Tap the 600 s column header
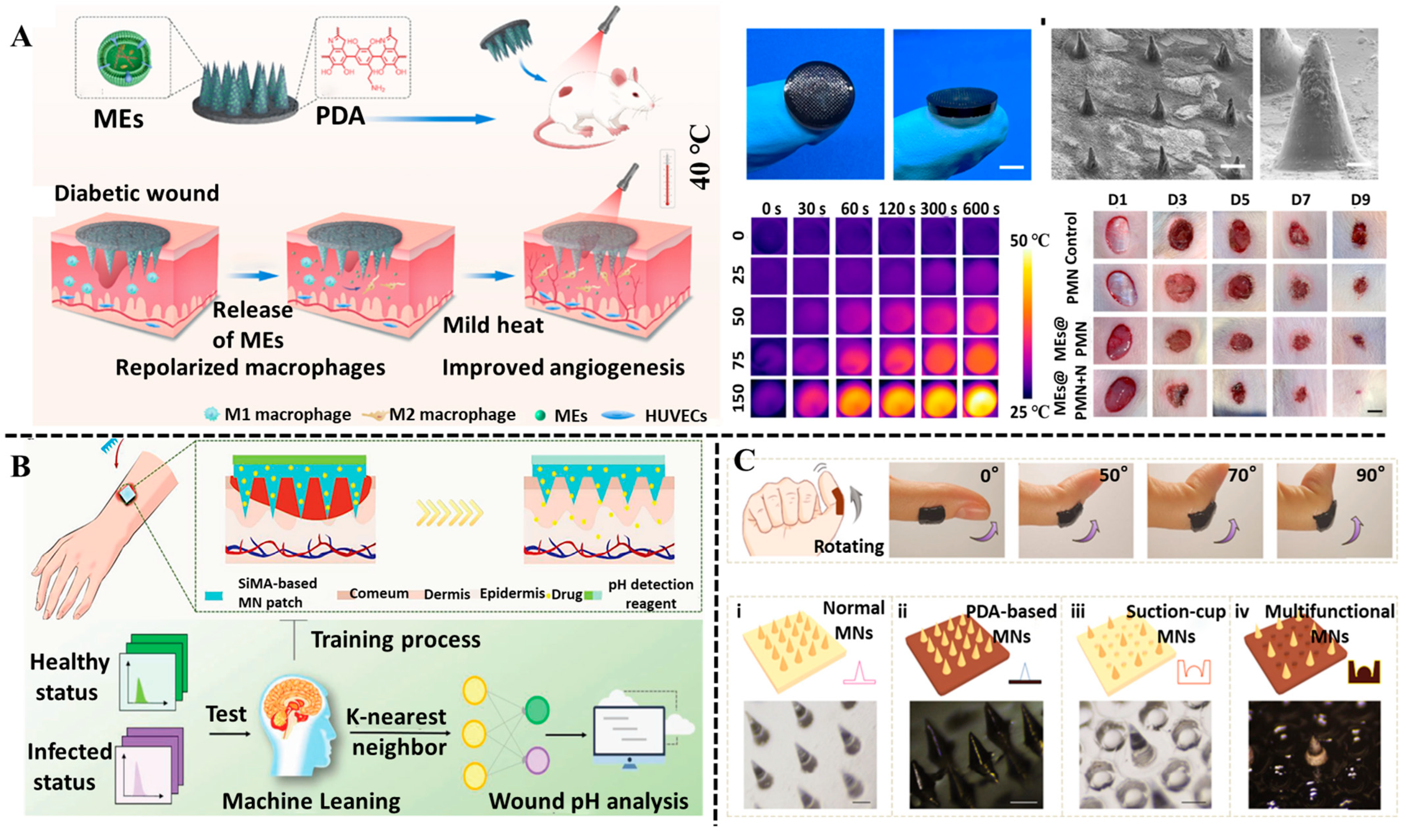pyautogui.click(x=980, y=209)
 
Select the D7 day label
pyautogui.click(x=1300, y=200)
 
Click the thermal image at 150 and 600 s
pyautogui.click(x=980, y=398)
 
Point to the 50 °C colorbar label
pyautogui.click(x=1029, y=241)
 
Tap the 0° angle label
pyautogui.click(x=989, y=476)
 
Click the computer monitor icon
pyautogui.click(x=629, y=734)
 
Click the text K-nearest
pyautogui.click(x=396, y=716)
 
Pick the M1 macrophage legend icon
pyautogui.click(x=212, y=415)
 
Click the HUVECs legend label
pyautogui.click(x=675, y=416)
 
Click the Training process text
pyautogui.click(x=396, y=640)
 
